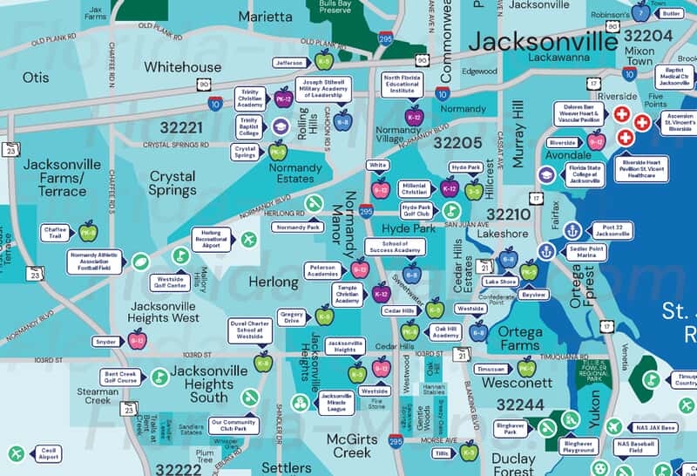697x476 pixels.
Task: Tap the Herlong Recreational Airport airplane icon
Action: (x=249, y=239)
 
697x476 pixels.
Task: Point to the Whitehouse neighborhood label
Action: (x=182, y=66)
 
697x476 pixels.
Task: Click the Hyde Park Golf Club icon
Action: (x=451, y=210)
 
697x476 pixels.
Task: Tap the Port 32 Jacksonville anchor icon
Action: (x=572, y=230)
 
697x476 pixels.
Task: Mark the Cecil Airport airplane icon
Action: (x=16, y=453)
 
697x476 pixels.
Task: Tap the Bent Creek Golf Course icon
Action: (x=159, y=377)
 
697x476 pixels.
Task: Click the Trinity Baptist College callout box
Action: (x=250, y=126)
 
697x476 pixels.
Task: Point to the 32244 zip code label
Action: (x=520, y=405)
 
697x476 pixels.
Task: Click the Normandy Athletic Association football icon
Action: (x=141, y=261)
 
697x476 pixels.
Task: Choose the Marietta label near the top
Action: (x=266, y=16)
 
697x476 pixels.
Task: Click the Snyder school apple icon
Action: (x=137, y=341)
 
